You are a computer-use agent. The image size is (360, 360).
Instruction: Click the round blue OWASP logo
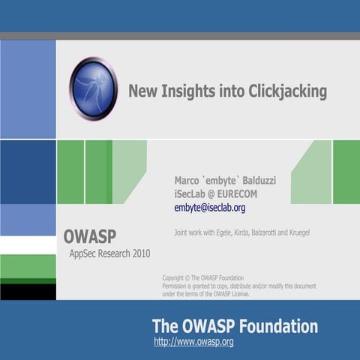(x=93, y=88)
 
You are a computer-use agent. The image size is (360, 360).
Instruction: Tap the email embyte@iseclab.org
(x=209, y=208)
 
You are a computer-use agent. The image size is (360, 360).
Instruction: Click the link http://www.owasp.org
(x=193, y=342)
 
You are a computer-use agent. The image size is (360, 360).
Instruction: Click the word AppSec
(x=83, y=253)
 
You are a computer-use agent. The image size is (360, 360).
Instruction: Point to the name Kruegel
(x=295, y=232)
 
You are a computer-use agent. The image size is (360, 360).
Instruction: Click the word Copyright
(x=176, y=277)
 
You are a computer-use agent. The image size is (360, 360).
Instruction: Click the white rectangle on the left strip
(x=28, y=245)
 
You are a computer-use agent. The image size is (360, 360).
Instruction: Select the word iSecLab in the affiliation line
(x=190, y=193)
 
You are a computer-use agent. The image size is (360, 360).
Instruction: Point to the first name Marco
(x=187, y=180)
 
